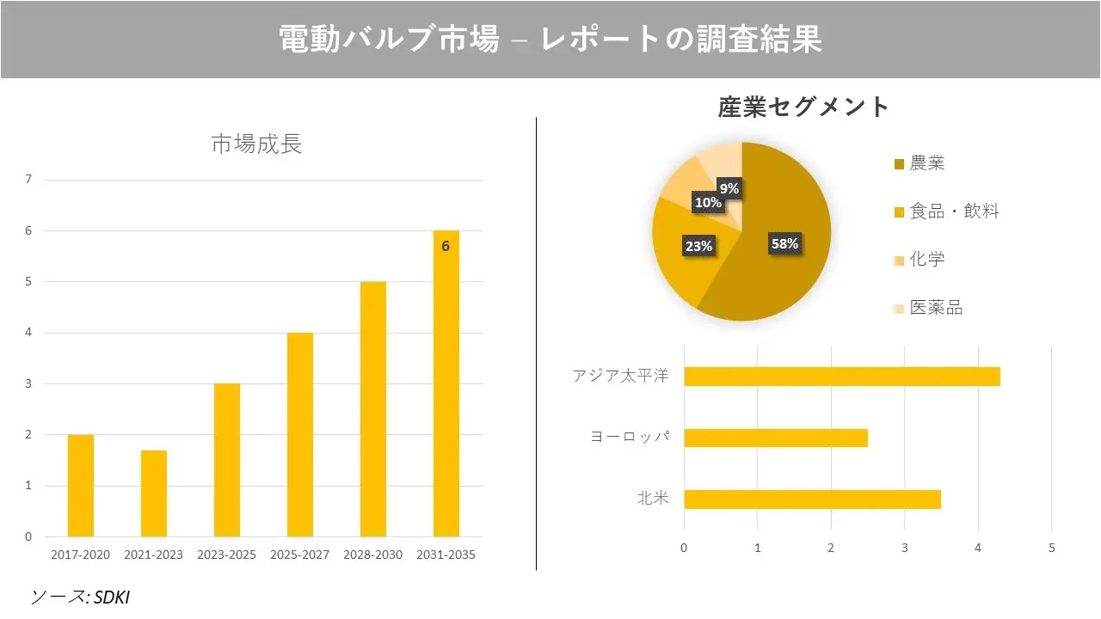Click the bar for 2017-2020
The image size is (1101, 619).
click(81, 486)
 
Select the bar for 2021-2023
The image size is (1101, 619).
click(154, 493)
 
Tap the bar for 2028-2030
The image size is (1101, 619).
click(373, 409)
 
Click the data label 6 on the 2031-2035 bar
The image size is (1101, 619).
click(446, 246)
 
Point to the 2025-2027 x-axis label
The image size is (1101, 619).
click(299, 555)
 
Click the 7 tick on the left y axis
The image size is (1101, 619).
click(29, 180)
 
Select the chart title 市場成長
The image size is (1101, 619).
click(256, 144)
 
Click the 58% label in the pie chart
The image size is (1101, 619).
click(784, 243)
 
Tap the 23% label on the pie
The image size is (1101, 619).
click(698, 246)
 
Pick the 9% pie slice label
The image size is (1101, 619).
click(729, 188)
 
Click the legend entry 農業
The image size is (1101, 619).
click(926, 163)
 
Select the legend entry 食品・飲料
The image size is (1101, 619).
click(953, 211)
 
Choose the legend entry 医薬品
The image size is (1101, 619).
click(935, 308)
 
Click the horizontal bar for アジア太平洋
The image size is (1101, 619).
click(841, 377)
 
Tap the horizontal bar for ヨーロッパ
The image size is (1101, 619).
click(775, 438)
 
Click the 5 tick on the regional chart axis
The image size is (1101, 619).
click(1051, 547)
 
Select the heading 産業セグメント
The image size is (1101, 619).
click(803, 107)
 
